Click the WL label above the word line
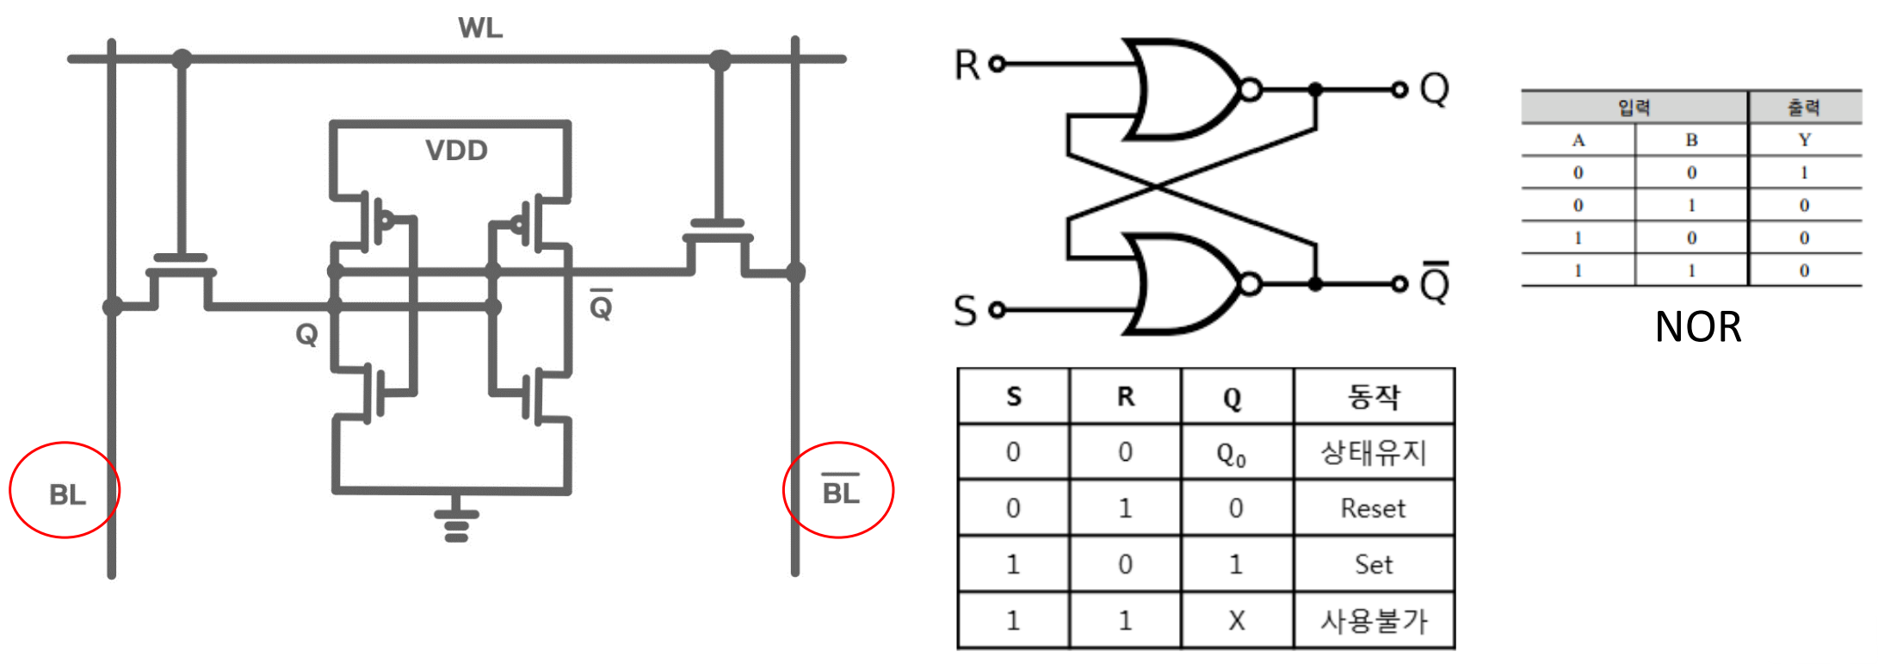point(479,28)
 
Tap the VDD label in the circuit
point(456,151)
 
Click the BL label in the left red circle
point(67,495)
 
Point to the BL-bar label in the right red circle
point(841,493)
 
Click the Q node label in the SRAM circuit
point(306,334)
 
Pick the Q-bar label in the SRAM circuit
point(601,306)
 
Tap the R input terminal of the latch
point(997,64)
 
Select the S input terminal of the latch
point(997,310)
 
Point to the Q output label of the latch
point(1434,88)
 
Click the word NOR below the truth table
point(1697,327)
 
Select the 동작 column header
point(1374,397)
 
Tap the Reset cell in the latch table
point(1373,508)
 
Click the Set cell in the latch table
point(1373,564)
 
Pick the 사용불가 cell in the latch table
point(1374,620)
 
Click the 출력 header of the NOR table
point(1804,108)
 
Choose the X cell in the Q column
point(1236,620)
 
